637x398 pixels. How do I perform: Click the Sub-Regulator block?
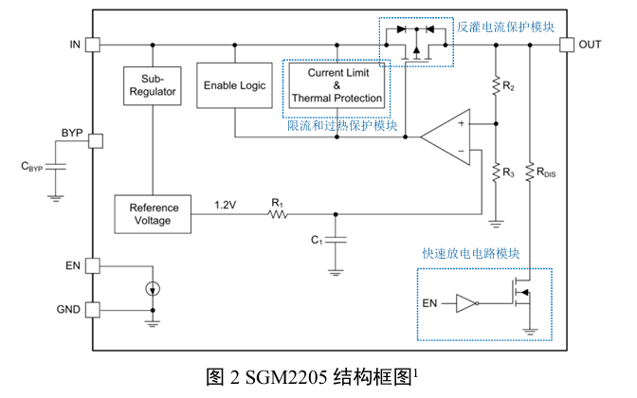pyautogui.click(x=152, y=84)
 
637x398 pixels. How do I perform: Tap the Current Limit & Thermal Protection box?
pyautogui.click(x=337, y=85)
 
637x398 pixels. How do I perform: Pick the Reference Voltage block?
pyautogui.click(x=152, y=214)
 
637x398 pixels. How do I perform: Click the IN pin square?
pyautogui.click(x=92, y=45)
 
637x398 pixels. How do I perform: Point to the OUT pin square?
pyautogui.click(x=566, y=45)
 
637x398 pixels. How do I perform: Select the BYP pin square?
pyautogui.click(x=92, y=141)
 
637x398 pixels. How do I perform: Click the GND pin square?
pyautogui.click(x=92, y=309)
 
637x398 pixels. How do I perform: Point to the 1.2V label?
pyautogui.click(x=226, y=204)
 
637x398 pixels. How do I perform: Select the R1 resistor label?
pyautogui.click(x=277, y=202)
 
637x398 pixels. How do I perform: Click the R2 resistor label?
pyautogui.click(x=509, y=88)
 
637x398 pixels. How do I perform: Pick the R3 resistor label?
pyautogui.click(x=509, y=173)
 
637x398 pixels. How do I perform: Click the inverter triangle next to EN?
pyautogui.click(x=465, y=304)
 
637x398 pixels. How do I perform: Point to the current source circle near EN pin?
pyautogui.click(x=153, y=287)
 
